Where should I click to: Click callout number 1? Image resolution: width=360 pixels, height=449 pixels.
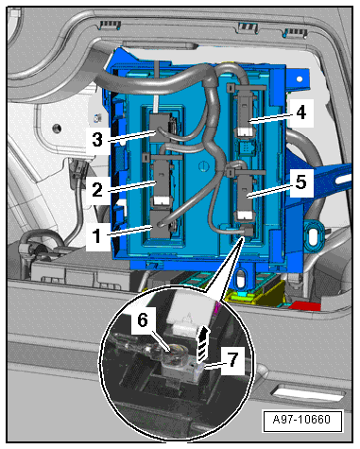tap(96, 235)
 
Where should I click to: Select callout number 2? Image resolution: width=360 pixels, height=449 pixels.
tap(97, 190)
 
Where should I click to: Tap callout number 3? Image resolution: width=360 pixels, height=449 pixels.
tap(97, 139)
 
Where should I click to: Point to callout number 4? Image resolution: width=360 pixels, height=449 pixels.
tap(301, 112)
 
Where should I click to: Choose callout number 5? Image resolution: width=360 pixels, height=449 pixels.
tap(301, 182)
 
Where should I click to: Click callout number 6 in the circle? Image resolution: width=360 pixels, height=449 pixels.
tap(143, 320)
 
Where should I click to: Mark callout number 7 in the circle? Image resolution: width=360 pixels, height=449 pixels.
tap(232, 359)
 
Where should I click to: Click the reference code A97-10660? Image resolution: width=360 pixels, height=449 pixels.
tap(301, 420)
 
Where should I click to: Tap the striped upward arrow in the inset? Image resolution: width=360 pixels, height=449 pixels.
tap(203, 344)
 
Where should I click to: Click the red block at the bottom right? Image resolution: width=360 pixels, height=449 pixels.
tap(305, 305)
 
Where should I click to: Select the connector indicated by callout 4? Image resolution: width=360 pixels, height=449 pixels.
tap(245, 115)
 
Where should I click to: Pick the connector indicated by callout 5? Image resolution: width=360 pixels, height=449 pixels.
tap(246, 197)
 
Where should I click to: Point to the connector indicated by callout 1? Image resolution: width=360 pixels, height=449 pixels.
tap(161, 224)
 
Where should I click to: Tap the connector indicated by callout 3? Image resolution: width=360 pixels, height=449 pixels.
tap(162, 128)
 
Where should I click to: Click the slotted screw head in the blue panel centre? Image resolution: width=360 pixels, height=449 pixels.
tap(203, 165)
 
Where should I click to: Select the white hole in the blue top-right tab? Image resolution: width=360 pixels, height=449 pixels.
tap(300, 78)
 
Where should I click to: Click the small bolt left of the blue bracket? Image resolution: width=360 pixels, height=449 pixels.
tap(96, 118)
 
